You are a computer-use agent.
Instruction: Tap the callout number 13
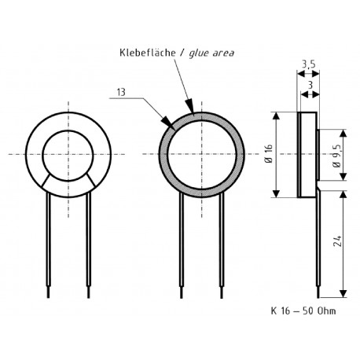(x=119, y=92)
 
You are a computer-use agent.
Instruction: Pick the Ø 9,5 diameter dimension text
(x=336, y=154)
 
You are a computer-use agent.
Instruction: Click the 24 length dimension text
(x=336, y=243)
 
